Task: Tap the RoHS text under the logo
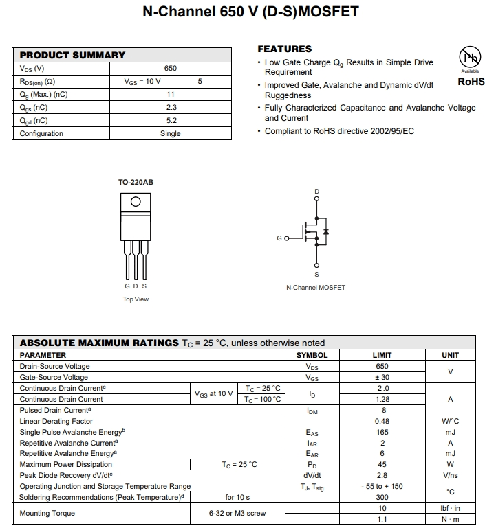click(x=471, y=82)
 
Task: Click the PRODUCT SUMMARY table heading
click(x=72, y=55)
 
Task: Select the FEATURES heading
click(x=284, y=49)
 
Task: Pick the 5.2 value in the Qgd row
click(x=171, y=120)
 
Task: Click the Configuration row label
click(x=41, y=133)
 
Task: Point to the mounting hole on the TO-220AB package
click(x=136, y=201)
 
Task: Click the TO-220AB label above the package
click(x=136, y=183)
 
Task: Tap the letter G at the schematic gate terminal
click(x=279, y=238)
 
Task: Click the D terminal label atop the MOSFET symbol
click(x=316, y=191)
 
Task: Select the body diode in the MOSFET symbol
click(x=325, y=231)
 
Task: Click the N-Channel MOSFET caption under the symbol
click(x=316, y=288)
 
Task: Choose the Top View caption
click(x=136, y=299)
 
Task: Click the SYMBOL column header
click(x=312, y=355)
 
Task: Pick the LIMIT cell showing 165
click(x=382, y=432)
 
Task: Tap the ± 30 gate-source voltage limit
click(x=382, y=377)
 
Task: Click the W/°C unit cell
click(x=451, y=421)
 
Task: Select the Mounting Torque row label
click(x=47, y=513)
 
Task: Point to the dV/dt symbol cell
click(x=312, y=475)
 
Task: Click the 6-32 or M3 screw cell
click(x=237, y=513)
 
